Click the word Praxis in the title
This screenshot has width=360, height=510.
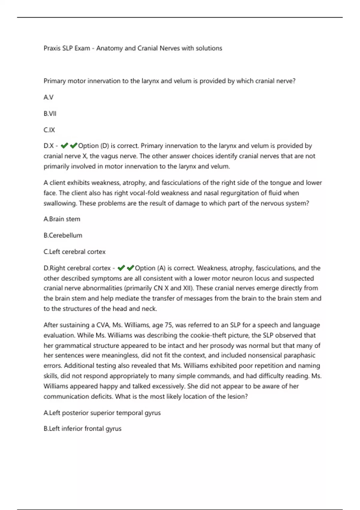coord(52,48)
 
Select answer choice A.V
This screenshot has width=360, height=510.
coord(49,97)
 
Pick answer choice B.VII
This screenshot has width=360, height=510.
coord(50,114)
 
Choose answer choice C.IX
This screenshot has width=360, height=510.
coord(49,130)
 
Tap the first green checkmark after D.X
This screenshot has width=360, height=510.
coord(64,146)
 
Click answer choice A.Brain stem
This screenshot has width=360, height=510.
coord(62,219)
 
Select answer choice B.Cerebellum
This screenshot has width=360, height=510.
coord(63,235)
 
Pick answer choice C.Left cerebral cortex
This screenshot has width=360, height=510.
coord(75,252)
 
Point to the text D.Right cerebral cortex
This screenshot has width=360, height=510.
coord(77,268)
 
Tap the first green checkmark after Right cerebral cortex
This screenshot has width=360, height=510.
coord(121,268)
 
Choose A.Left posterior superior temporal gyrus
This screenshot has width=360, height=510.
coord(102,413)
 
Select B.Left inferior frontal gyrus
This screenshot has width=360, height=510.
coord(82,429)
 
